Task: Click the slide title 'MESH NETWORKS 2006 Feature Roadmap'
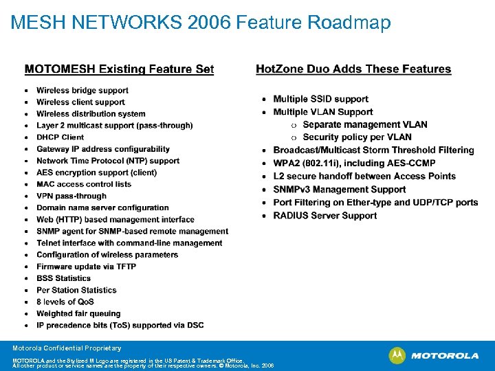click(x=201, y=23)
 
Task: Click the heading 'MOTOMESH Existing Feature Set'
click(x=119, y=69)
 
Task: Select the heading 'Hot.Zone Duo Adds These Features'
click(x=353, y=69)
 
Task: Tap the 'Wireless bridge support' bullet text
click(x=82, y=91)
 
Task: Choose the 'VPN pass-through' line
click(x=71, y=196)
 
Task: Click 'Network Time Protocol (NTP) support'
click(x=108, y=161)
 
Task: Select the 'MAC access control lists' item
click(x=84, y=184)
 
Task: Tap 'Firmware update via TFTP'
click(x=87, y=267)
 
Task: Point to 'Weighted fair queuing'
click(x=78, y=313)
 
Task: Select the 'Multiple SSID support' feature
click(x=320, y=99)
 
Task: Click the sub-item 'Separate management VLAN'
click(x=365, y=124)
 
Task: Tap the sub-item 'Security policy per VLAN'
click(x=357, y=137)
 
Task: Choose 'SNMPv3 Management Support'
click(x=340, y=189)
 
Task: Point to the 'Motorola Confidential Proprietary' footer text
click(x=67, y=348)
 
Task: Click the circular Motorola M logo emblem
click(x=397, y=356)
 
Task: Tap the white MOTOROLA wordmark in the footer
click(x=445, y=356)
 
